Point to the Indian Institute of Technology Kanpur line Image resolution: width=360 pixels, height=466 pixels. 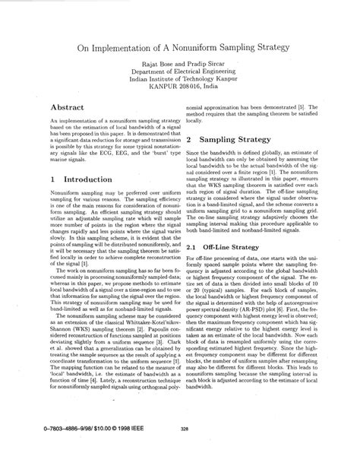[179, 87]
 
